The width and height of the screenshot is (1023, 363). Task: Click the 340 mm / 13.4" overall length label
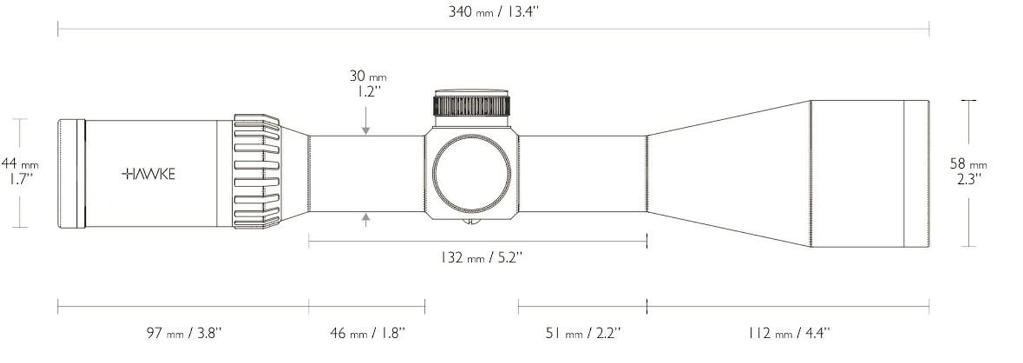tap(493, 12)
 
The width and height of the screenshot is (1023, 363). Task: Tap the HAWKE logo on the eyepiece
tap(148, 174)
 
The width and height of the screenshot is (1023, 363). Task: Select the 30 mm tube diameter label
tap(367, 76)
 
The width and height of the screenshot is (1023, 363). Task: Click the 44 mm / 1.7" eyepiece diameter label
tap(20, 171)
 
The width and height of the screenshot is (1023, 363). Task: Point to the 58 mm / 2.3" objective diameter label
tap(968, 171)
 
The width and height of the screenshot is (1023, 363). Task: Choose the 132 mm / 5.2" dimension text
tap(481, 258)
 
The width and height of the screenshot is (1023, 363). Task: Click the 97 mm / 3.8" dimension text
tap(184, 333)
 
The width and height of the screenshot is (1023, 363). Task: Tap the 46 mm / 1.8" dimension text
tap(367, 333)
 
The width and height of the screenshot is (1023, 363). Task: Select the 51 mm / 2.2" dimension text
tap(582, 333)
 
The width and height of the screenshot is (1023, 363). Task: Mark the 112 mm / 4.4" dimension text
tap(788, 333)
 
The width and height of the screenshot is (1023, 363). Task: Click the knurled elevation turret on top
tap(471, 105)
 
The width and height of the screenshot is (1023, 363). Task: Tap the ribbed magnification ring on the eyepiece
tap(256, 172)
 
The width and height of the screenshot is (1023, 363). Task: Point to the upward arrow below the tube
tap(366, 221)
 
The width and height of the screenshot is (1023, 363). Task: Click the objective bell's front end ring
tap(917, 174)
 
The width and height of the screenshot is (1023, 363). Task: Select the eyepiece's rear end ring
tap(71, 174)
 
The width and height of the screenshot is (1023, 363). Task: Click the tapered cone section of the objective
tap(730, 174)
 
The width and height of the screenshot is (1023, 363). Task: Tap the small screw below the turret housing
tap(471, 222)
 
